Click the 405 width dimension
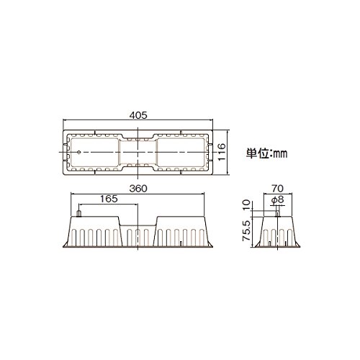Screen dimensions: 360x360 (138, 115)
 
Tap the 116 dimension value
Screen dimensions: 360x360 (221, 153)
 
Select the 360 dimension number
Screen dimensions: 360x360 (138, 189)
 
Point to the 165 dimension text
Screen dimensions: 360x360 (109, 199)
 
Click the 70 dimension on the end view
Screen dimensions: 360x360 (278, 189)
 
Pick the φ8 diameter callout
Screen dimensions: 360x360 (278, 199)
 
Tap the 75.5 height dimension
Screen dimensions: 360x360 (247, 231)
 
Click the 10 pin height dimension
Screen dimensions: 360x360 (247, 205)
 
